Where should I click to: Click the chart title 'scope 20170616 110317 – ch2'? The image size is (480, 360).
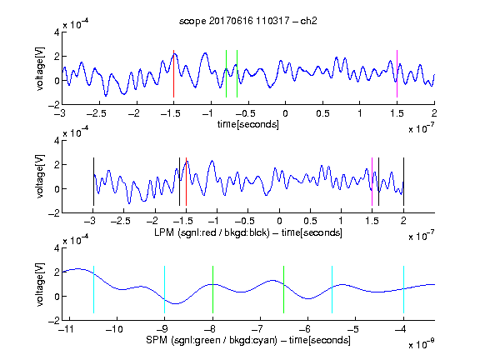(248, 21)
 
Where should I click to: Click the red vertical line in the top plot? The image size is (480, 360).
(173, 74)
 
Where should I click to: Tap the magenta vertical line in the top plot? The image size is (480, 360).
(397, 74)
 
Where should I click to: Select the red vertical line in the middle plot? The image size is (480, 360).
(186, 182)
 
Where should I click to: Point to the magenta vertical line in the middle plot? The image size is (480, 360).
(372, 182)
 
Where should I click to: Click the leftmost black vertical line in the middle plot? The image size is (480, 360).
(93, 182)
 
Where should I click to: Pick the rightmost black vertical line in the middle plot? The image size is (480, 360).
(403, 182)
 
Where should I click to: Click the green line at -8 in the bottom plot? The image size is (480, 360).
(212, 290)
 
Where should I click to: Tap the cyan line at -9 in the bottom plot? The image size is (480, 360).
(164, 290)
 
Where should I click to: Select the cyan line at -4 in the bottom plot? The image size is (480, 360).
(403, 290)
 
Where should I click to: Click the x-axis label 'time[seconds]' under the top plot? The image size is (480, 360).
(248, 124)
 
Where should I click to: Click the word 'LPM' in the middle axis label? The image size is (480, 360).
(164, 232)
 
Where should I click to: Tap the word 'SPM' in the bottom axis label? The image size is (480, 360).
(157, 340)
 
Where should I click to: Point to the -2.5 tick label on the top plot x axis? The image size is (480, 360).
(96, 113)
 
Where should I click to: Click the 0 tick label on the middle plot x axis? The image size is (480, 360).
(279, 221)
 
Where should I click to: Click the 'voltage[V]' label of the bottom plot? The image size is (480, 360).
(40, 284)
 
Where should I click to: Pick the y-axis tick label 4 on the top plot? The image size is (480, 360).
(57, 32)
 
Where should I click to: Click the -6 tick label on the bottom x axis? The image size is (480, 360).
(307, 329)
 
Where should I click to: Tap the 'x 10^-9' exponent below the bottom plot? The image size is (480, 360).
(422, 344)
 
